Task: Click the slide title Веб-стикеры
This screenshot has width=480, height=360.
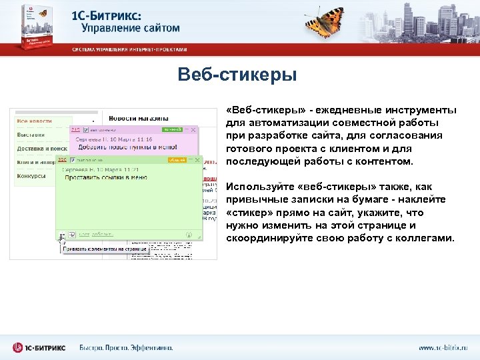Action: (237, 75)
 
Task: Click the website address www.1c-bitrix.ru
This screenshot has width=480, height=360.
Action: (443, 347)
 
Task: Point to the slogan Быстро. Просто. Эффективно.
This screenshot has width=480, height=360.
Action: (126, 347)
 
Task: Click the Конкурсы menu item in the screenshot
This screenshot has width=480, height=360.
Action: (31, 176)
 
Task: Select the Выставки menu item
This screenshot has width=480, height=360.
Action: (31, 134)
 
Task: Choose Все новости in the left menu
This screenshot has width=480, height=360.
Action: (34, 121)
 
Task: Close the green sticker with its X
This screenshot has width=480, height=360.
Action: (197, 159)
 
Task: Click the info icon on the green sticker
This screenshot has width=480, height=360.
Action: (189, 235)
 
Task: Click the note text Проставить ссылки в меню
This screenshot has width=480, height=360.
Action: (103, 178)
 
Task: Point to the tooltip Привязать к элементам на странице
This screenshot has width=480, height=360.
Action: (104, 249)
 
